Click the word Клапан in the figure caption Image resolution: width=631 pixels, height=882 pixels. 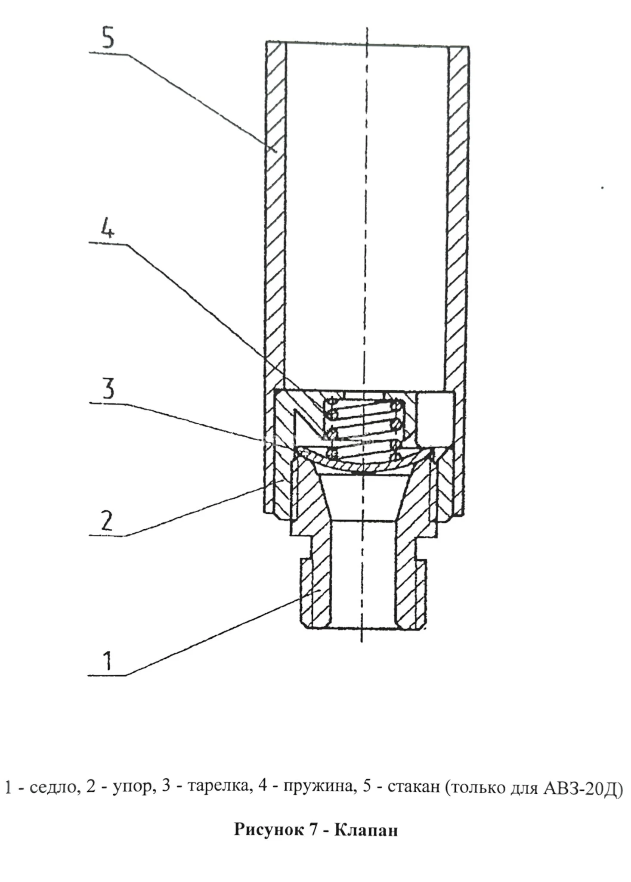(x=366, y=830)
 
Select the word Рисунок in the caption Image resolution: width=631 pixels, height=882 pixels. (x=269, y=830)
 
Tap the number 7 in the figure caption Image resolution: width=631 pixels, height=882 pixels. (x=313, y=829)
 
